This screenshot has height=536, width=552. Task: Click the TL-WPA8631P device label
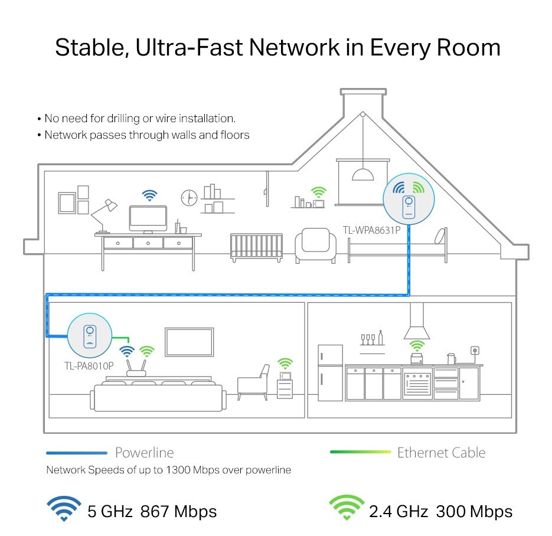click(x=371, y=230)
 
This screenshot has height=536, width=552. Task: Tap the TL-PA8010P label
click(x=89, y=366)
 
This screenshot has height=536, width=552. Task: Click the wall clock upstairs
click(x=189, y=198)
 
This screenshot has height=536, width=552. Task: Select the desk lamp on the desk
click(x=104, y=215)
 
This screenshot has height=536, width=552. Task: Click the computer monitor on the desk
click(x=148, y=219)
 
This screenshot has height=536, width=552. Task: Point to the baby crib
click(x=256, y=248)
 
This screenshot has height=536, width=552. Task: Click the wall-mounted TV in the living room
click(x=190, y=342)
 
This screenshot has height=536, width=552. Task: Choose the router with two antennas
click(x=136, y=368)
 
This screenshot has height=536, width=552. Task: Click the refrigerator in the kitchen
click(x=330, y=372)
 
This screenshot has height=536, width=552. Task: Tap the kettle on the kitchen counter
click(x=451, y=359)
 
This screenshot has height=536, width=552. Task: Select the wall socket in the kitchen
click(x=475, y=351)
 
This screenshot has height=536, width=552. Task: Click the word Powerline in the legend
click(x=144, y=453)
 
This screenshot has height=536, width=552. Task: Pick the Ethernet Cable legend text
click(x=441, y=453)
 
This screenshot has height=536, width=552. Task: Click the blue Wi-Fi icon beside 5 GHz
click(x=64, y=508)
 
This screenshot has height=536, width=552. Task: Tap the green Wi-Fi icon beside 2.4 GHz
click(x=347, y=508)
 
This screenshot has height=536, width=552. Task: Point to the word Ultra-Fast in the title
click(x=189, y=47)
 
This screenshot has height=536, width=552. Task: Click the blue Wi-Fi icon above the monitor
click(x=149, y=195)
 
